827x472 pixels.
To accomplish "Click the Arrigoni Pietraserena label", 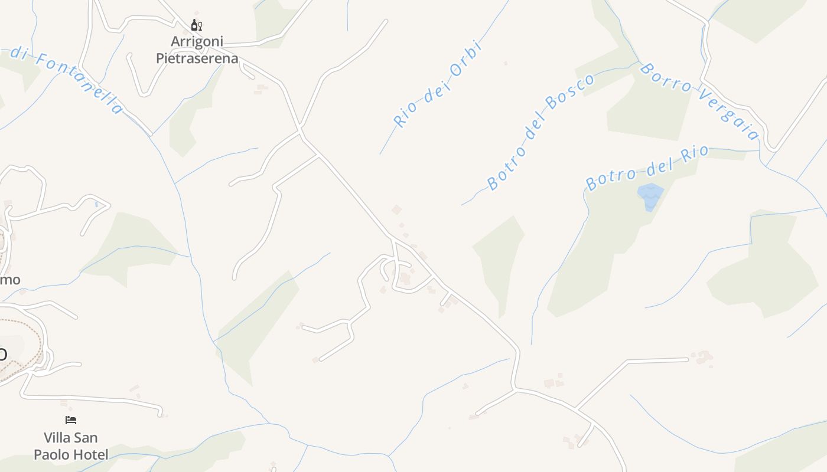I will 197,50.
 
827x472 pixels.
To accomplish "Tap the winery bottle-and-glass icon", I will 197,25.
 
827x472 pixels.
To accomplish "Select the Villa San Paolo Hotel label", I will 71,446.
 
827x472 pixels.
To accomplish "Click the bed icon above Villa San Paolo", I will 71,420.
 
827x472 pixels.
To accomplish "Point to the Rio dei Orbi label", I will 438,84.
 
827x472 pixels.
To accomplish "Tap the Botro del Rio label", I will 646,168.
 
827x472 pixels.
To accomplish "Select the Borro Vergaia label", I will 699,101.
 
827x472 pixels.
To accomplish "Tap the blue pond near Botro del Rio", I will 650,196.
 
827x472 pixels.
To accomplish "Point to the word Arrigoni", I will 197,41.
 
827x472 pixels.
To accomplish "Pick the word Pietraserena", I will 197,58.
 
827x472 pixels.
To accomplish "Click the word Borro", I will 665,78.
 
